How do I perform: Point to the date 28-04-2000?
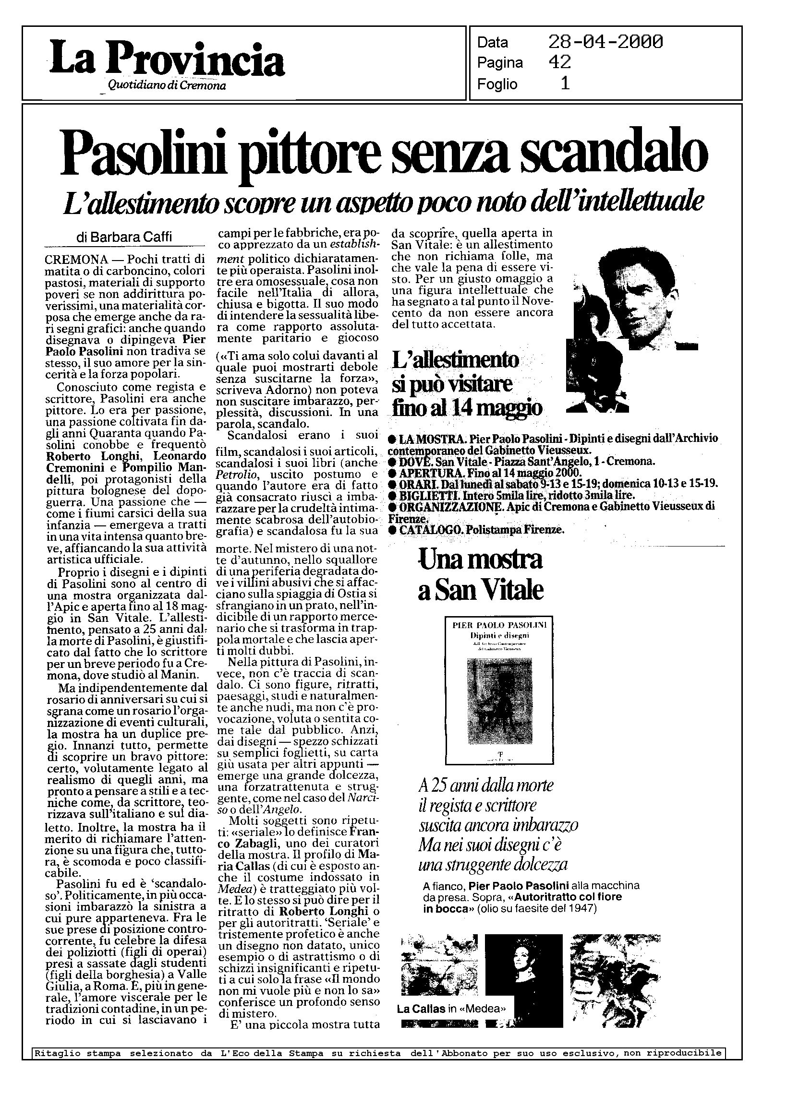pyautogui.click(x=605, y=42)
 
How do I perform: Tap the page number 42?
pyautogui.click(x=559, y=62)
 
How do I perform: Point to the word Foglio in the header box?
pyautogui.click(x=497, y=84)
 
